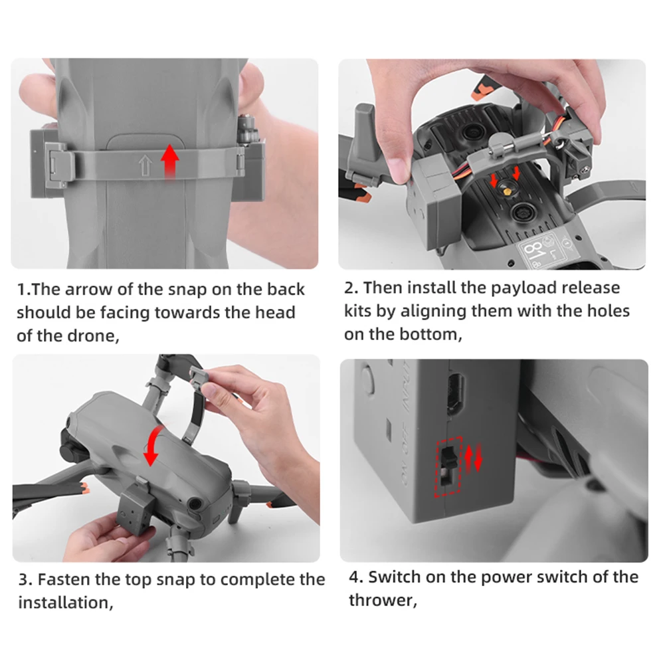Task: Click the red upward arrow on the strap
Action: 169,162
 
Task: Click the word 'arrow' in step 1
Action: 88,289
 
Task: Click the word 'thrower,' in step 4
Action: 383,600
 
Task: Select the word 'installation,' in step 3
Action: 66,603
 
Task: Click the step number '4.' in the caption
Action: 356,577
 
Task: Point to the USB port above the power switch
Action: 455,395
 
